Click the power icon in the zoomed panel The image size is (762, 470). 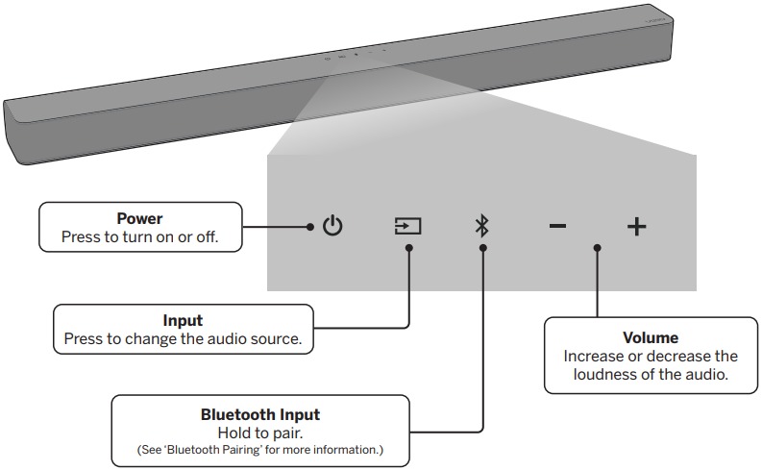pyautogui.click(x=332, y=227)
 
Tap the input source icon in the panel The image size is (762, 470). pyautogui.click(x=408, y=227)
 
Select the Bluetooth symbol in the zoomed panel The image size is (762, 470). pyautogui.click(x=482, y=227)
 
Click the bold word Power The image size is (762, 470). pyautogui.click(x=139, y=219)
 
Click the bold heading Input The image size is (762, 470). pyautogui.click(x=183, y=321)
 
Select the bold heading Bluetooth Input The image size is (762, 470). pyautogui.click(x=260, y=415)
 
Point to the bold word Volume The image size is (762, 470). pyautogui.click(x=651, y=338)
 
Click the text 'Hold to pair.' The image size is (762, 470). pyautogui.click(x=260, y=433)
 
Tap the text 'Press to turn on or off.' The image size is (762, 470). pyautogui.click(x=139, y=236)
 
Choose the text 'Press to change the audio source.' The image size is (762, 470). pyautogui.click(x=183, y=338)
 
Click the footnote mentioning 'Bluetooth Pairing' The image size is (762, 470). pyautogui.click(x=260, y=449)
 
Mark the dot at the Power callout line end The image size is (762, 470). pyautogui.click(x=310, y=227)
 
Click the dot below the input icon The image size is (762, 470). pyautogui.click(x=409, y=248)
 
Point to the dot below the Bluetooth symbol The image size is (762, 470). pyautogui.click(x=482, y=248)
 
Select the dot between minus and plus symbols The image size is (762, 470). pyautogui.click(x=597, y=248)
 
